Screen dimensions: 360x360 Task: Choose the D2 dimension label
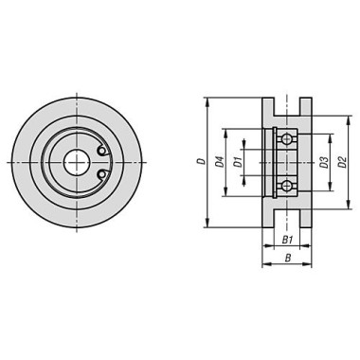[x=342, y=162]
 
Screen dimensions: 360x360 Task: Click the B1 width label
[x=287, y=241]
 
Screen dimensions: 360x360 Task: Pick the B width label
[x=288, y=258]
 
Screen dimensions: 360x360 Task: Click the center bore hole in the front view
[x=77, y=162]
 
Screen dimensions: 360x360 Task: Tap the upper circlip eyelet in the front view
[x=101, y=151]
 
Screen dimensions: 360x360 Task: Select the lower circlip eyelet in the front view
[x=101, y=173]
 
